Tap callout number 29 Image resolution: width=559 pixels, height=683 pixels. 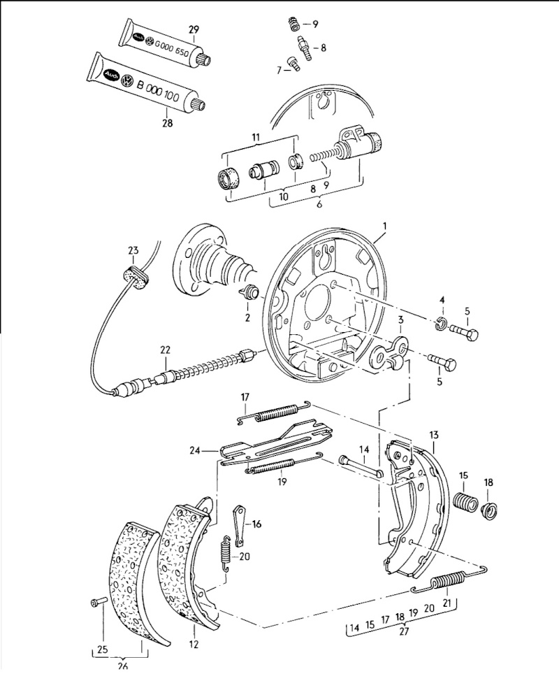pos(194,29)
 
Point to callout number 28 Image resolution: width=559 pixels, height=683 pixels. pos(167,123)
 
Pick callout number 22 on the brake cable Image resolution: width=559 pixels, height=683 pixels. pos(165,350)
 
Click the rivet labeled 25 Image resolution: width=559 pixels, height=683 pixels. pos(99,603)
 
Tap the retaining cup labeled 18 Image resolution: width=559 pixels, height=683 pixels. pos(491,509)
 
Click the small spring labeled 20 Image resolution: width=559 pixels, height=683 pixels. pos(225,553)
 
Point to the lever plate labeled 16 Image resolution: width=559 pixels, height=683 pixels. pos(238,525)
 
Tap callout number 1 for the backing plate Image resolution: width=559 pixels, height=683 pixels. pos(385,226)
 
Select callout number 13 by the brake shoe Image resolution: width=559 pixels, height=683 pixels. pos(434,435)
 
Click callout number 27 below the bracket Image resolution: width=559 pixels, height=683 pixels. pos(404,631)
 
